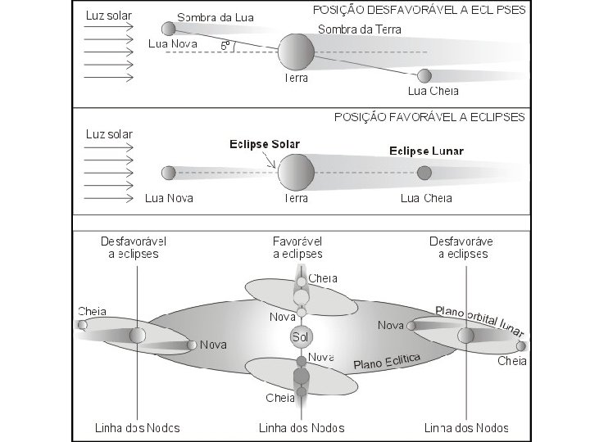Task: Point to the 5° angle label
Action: tap(225, 46)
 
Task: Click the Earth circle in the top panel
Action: tap(296, 52)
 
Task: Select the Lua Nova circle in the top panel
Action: tap(168, 28)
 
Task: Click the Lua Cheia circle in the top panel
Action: tap(424, 76)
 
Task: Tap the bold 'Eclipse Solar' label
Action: tap(264, 144)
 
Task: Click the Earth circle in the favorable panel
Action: tap(296, 173)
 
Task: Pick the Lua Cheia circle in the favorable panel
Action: tap(424, 173)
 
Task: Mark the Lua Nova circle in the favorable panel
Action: tap(168, 173)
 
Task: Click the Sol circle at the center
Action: tap(301, 336)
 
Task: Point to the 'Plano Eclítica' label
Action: tap(387, 361)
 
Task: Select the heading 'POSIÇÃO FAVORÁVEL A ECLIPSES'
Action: tap(429, 117)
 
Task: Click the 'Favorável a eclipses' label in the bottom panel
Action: tap(297, 248)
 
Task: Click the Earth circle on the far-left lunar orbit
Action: tap(137, 335)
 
